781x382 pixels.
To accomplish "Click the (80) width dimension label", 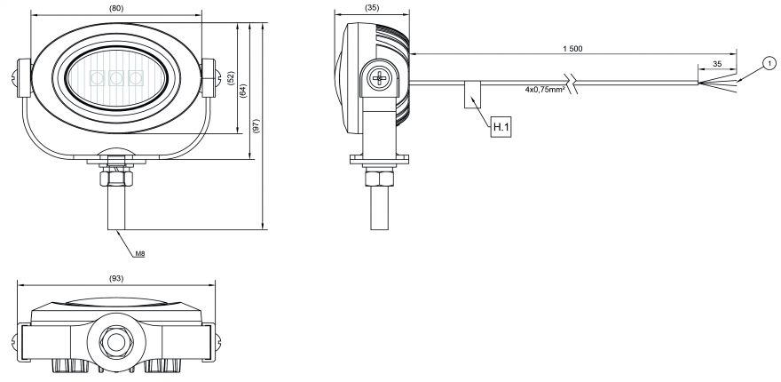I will (x=115, y=9).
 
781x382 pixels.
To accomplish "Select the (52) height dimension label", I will (x=230, y=79).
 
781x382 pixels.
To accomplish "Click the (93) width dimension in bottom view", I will (x=115, y=279).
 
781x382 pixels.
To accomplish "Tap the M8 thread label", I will (x=139, y=253).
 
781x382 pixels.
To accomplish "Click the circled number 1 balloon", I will (x=767, y=63).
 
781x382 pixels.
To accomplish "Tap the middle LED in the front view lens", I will (x=116, y=77).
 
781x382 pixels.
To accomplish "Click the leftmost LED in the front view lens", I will (x=98, y=77).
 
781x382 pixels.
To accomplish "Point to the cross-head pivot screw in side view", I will (x=379, y=79).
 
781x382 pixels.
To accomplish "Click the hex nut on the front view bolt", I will (x=115, y=178).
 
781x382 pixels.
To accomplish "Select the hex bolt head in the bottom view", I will (x=115, y=340).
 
